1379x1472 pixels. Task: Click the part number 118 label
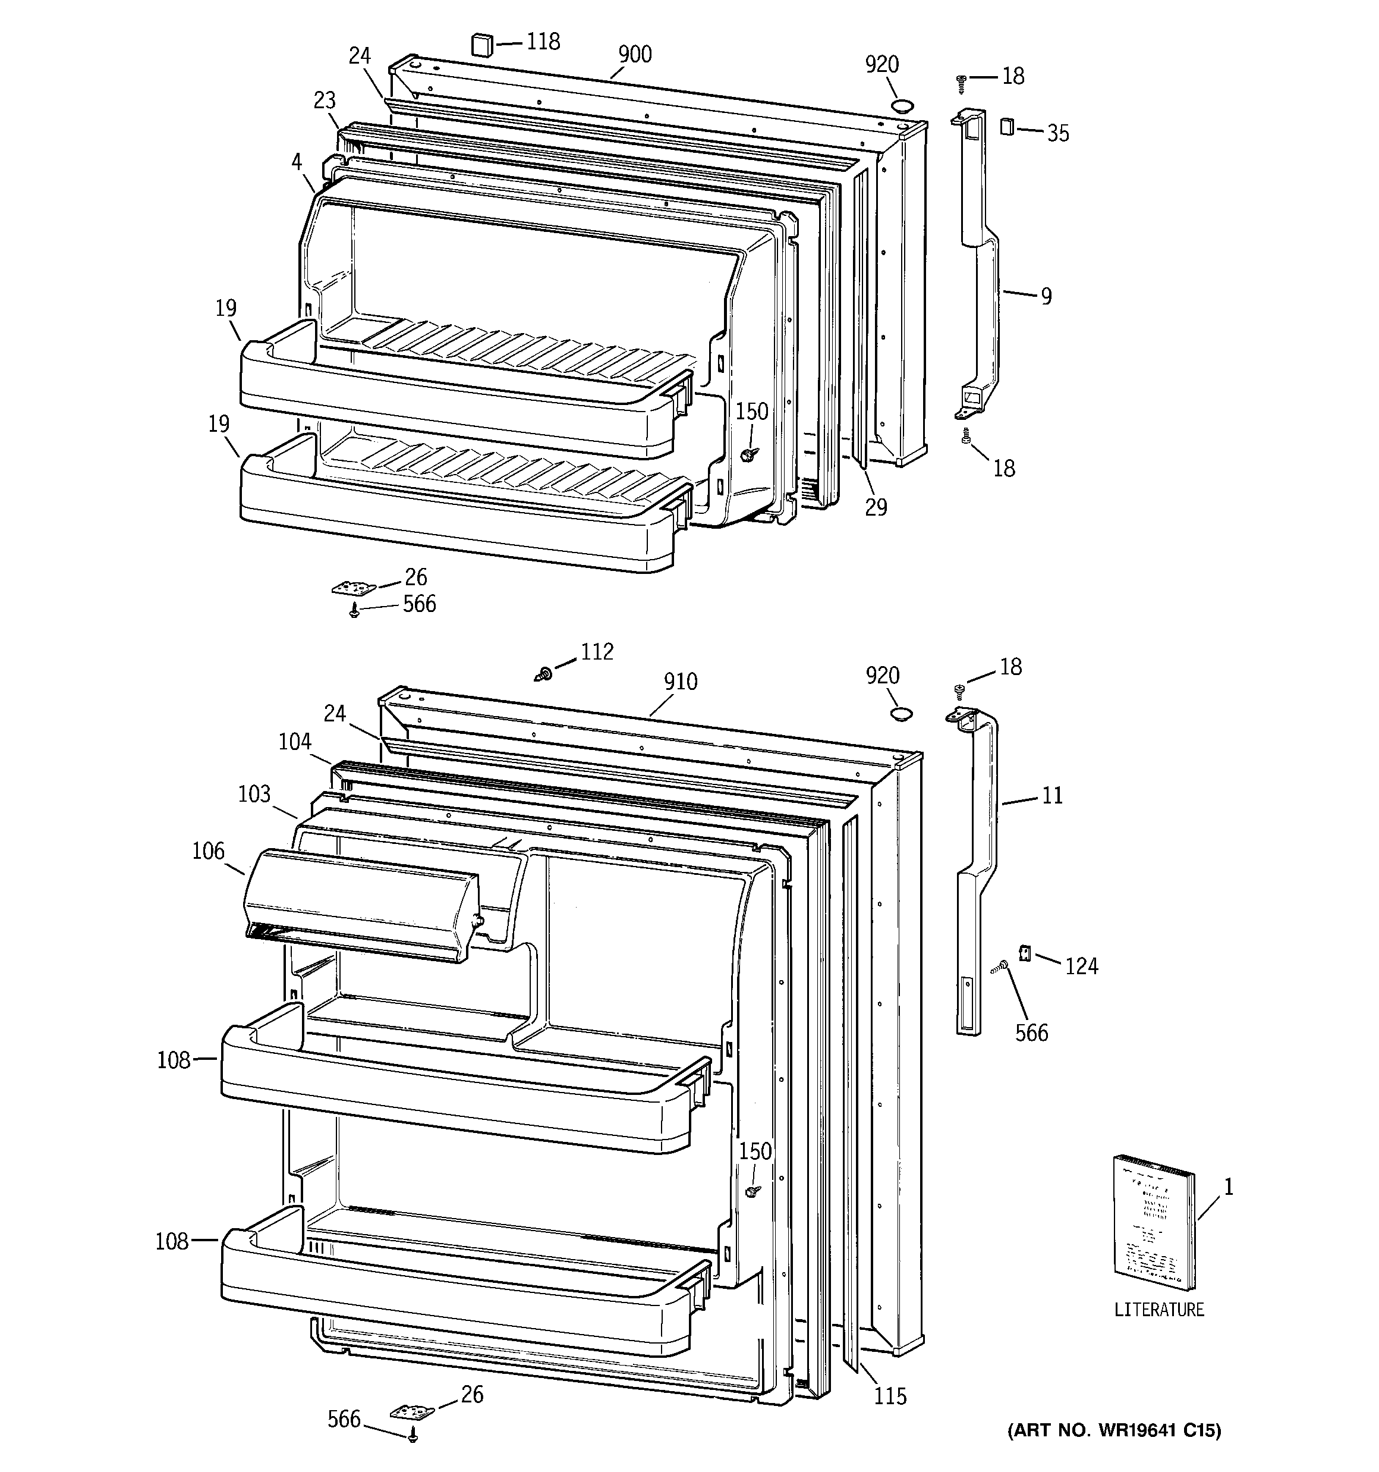(x=543, y=42)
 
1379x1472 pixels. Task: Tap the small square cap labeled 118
(x=482, y=45)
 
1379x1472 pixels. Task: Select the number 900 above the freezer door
(x=634, y=55)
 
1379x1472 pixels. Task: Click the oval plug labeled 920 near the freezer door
(x=902, y=106)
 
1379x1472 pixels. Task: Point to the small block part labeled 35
(x=1006, y=127)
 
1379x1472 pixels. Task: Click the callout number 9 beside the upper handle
(x=1046, y=297)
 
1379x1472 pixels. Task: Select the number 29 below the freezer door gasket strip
(x=876, y=508)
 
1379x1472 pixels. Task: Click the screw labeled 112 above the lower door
(x=544, y=674)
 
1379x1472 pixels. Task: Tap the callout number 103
(x=254, y=795)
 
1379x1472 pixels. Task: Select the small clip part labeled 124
(x=1026, y=953)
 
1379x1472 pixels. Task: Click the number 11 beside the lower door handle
(x=1052, y=796)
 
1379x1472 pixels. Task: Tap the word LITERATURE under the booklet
(x=1159, y=1310)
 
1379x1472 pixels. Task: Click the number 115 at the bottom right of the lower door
(x=890, y=1396)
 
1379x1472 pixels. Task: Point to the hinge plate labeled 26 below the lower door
(x=411, y=1413)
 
